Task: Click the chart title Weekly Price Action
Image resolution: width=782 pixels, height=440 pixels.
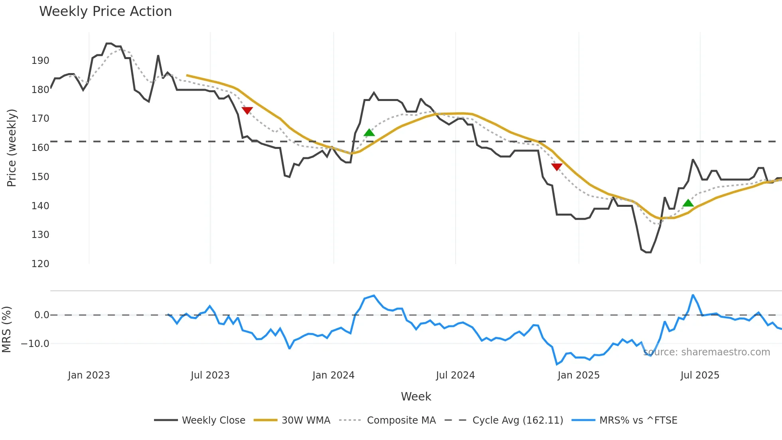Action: click(105, 12)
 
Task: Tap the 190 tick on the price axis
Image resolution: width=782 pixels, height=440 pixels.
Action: click(40, 61)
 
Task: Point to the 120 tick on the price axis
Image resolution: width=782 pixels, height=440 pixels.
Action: click(40, 264)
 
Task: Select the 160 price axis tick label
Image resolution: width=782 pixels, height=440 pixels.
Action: click(40, 148)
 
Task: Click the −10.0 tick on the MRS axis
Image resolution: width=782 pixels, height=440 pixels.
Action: click(35, 344)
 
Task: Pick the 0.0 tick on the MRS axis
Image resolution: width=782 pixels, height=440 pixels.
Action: click(41, 315)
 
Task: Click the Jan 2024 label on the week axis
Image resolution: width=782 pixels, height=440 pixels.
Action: click(333, 375)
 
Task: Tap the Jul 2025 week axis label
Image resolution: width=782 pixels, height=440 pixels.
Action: click(700, 375)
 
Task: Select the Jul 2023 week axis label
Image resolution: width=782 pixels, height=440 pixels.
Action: click(210, 375)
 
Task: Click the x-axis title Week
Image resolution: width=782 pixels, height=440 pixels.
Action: click(416, 396)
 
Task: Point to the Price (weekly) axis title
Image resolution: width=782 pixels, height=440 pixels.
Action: click(12, 148)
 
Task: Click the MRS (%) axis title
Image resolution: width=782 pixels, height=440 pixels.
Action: click(7, 329)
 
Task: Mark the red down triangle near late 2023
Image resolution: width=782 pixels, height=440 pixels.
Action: click(247, 110)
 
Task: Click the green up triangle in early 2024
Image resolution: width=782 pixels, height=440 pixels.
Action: click(369, 133)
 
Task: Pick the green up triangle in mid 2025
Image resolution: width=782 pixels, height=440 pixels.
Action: click(688, 203)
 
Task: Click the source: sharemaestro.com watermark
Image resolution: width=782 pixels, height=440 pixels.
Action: click(707, 352)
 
